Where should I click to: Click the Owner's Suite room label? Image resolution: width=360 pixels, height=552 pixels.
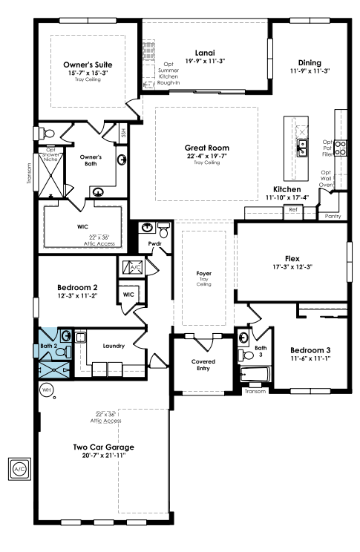coord(88,65)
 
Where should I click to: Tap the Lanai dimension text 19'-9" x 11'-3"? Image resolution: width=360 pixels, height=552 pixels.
coord(205,61)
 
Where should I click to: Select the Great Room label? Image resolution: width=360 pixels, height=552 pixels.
coord(207,148)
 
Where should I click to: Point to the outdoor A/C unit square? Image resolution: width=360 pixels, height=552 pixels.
coord(19,469)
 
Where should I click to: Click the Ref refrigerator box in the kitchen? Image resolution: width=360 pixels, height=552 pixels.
coord(293,212)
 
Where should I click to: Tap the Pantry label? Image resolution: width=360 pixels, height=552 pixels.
coord(333,216)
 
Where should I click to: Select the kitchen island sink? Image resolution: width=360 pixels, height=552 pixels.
coord(302,148)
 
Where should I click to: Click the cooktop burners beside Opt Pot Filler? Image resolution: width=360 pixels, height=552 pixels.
coord(340,148)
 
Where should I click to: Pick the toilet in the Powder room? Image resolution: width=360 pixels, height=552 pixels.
coord(163,230)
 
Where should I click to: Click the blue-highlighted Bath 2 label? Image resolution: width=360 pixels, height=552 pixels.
coord(48,346)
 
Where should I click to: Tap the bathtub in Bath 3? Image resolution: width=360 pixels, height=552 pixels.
coord(255,374)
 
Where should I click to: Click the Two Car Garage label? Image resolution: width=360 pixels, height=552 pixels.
coord(104,447)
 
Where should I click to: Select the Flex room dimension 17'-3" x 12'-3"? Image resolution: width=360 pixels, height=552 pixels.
coord(292,267)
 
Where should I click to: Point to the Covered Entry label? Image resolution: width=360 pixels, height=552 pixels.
coord(203,365)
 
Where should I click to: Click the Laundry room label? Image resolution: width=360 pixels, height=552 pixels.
coord(114,346)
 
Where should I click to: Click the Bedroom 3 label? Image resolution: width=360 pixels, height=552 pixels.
coord(310,350)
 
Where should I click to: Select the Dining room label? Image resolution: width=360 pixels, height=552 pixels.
coord(310,62)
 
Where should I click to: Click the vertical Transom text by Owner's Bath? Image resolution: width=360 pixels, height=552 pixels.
coord(29,173)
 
